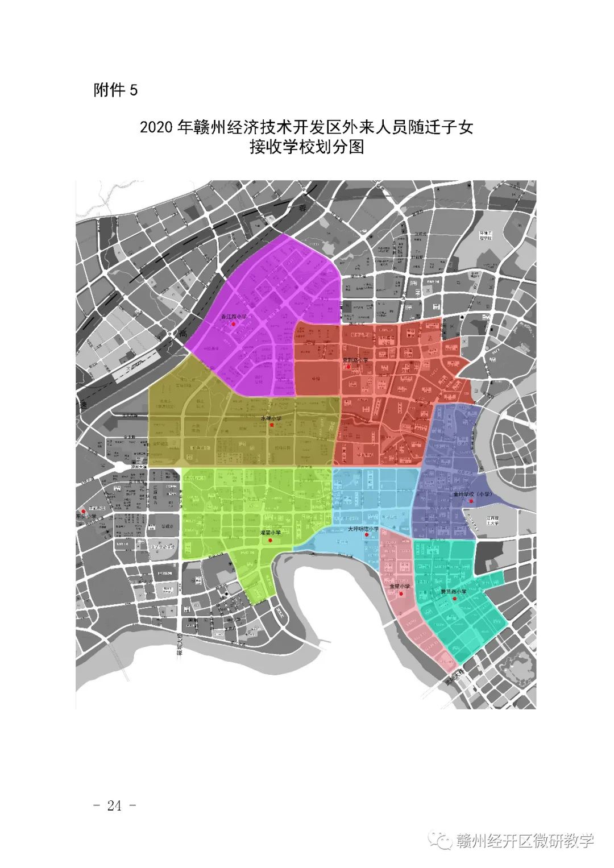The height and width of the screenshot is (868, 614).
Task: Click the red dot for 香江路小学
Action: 233,323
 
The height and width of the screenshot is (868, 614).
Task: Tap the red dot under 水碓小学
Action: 272,425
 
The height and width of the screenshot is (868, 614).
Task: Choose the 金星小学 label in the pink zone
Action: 400,586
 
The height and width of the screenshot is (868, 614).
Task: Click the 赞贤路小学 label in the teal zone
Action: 453,591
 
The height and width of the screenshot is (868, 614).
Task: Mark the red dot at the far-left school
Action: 84,511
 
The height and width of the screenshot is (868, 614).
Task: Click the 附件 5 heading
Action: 116,90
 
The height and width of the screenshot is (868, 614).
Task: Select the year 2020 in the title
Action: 156,127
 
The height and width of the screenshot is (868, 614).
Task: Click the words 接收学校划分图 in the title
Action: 306,147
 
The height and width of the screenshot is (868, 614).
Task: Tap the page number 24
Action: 114,805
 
